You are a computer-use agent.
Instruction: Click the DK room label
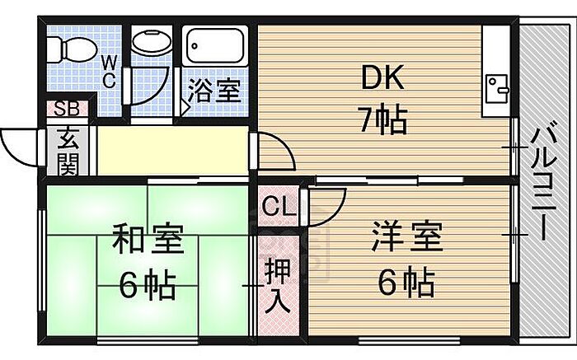(382, 80)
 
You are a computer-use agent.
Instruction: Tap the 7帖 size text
(382, 120)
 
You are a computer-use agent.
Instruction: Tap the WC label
(110, 71)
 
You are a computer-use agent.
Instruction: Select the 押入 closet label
(277, 284)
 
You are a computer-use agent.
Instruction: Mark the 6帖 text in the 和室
(147, 286)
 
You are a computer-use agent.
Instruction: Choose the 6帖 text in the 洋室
(406, 283)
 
